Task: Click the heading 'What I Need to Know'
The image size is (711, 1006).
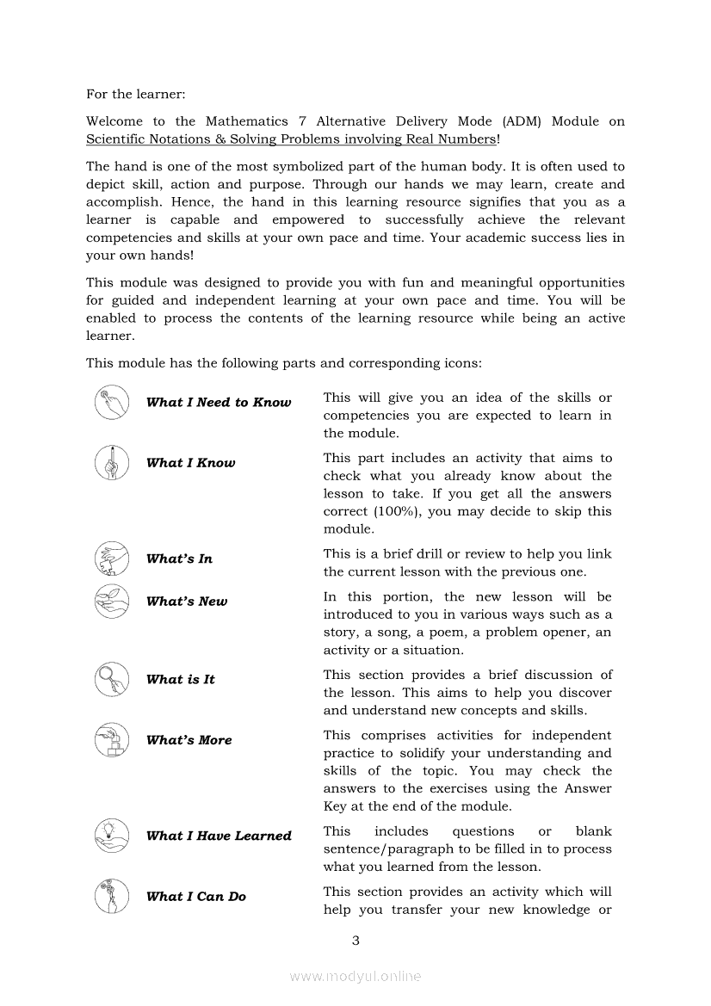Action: (219, 403)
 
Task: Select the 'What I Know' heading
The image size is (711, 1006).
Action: (190, 463)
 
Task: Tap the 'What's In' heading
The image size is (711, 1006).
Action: (179, 559)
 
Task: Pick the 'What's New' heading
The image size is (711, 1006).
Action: (187, 602)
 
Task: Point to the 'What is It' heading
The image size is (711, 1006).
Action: (180, 680)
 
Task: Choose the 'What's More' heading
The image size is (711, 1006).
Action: (189, 740)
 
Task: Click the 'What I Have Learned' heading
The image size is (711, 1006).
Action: (219, 836)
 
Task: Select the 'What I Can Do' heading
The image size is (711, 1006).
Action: (195, 897)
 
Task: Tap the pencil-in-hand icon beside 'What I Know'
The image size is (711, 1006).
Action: (111, 463)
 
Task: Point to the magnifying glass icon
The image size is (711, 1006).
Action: (111, 680)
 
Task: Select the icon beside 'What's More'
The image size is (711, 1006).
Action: (111, 740)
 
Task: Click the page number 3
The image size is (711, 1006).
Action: (355, 940)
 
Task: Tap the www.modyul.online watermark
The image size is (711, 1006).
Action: (355, 976)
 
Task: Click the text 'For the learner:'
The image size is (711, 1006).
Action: (136, 94)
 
